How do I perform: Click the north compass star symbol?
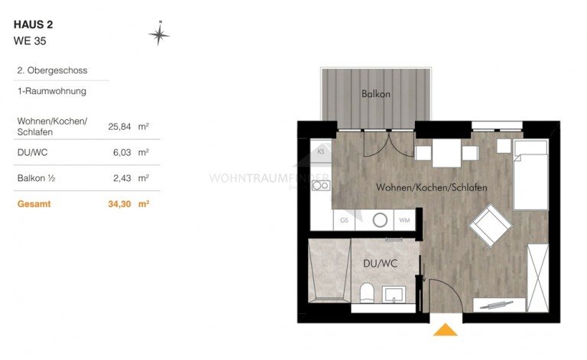(x=159, y=34)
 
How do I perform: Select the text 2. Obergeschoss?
(x=52, y=70)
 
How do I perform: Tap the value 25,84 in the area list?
(x=122, y=127)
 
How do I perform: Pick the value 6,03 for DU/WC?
(x=122, y=152)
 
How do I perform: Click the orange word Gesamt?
(x=34, y=204)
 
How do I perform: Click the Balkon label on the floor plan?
(x=376, y=95)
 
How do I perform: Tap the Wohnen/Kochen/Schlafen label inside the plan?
(x=432, y=187)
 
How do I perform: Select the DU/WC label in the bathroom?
(x=379, y=264)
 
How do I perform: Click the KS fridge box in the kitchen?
(x=322, y=151)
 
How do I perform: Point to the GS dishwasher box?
(x=344, y=221)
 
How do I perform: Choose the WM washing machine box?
(x=404, y=221)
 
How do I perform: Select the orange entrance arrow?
(x=445, y=329)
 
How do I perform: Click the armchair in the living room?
(x=490, y=226)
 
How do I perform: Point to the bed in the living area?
(x=530, y=175)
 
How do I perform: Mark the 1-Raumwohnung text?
(x=51, y=91)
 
